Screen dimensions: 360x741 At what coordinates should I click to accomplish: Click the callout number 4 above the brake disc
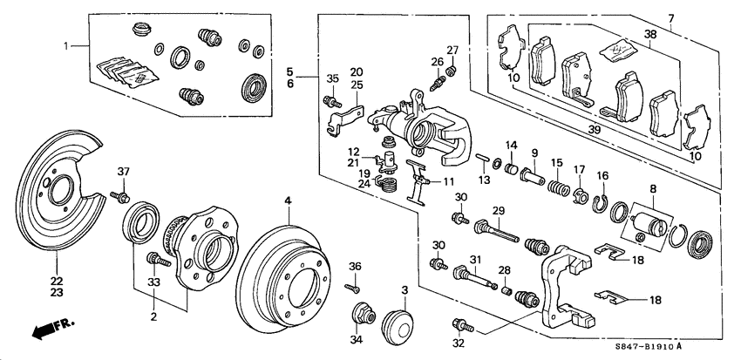pyautogui.click(x=286, y=201)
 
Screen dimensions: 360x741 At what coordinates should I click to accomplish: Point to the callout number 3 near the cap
pyautogui.click(x=404, y=290)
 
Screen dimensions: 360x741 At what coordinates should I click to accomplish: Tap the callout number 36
pyautogui.click(x=354, y=266)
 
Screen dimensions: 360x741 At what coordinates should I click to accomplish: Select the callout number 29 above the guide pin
pyautogui.click(x=499, y=212)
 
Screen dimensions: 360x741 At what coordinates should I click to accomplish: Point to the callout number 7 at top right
pyautogui.click(x=670, y=19)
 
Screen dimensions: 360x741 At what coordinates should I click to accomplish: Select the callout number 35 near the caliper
pyautogui.click(x=331, y=80)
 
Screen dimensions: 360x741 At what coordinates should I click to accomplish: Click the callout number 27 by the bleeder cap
pyautogui.click(x=452, y=50)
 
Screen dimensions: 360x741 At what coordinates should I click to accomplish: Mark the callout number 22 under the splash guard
pyautogui.click(x=57, y=280)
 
